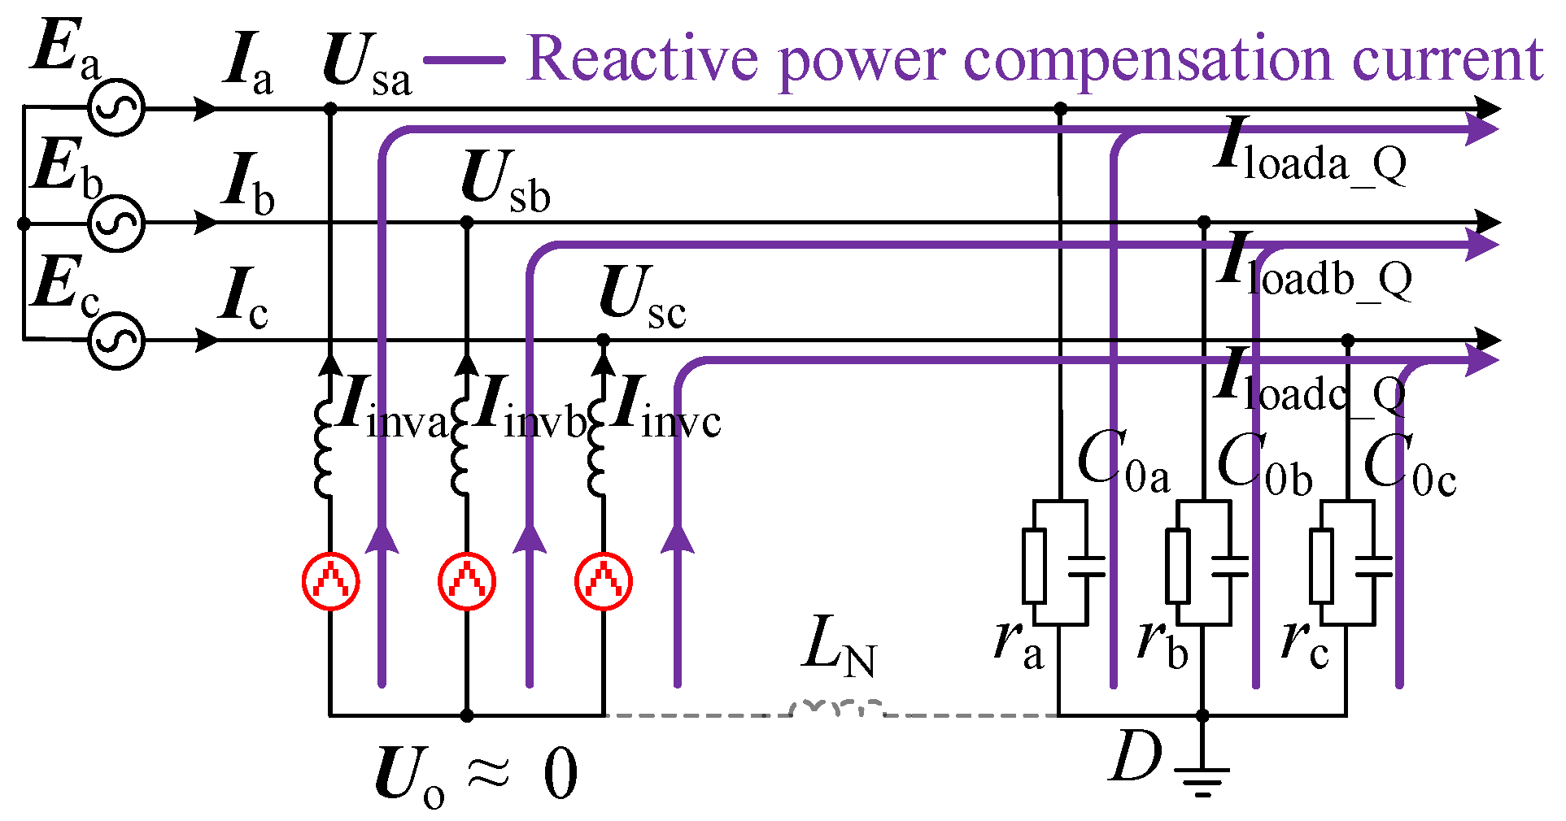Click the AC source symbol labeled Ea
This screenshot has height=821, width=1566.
click(x=116, y=108)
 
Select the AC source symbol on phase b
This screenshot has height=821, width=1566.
click(x=116, y=223)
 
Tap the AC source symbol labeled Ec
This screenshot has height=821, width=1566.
click(x=116, y=340)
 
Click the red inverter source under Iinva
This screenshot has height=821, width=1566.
click(x=330, y=581)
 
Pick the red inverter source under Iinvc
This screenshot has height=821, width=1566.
click(x=603, y=581)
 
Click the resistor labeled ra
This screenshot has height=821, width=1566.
click(x=1034, y=566)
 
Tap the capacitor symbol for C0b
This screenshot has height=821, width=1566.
click(x=1230, y=566)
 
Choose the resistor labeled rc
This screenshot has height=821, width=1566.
click(x=1321, y=566)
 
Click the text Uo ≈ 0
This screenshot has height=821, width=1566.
click(x=476, y=776)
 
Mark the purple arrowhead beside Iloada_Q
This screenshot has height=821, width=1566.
click(x=1481, y=129)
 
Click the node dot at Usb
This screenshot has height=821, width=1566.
click(x=467, y=222)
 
